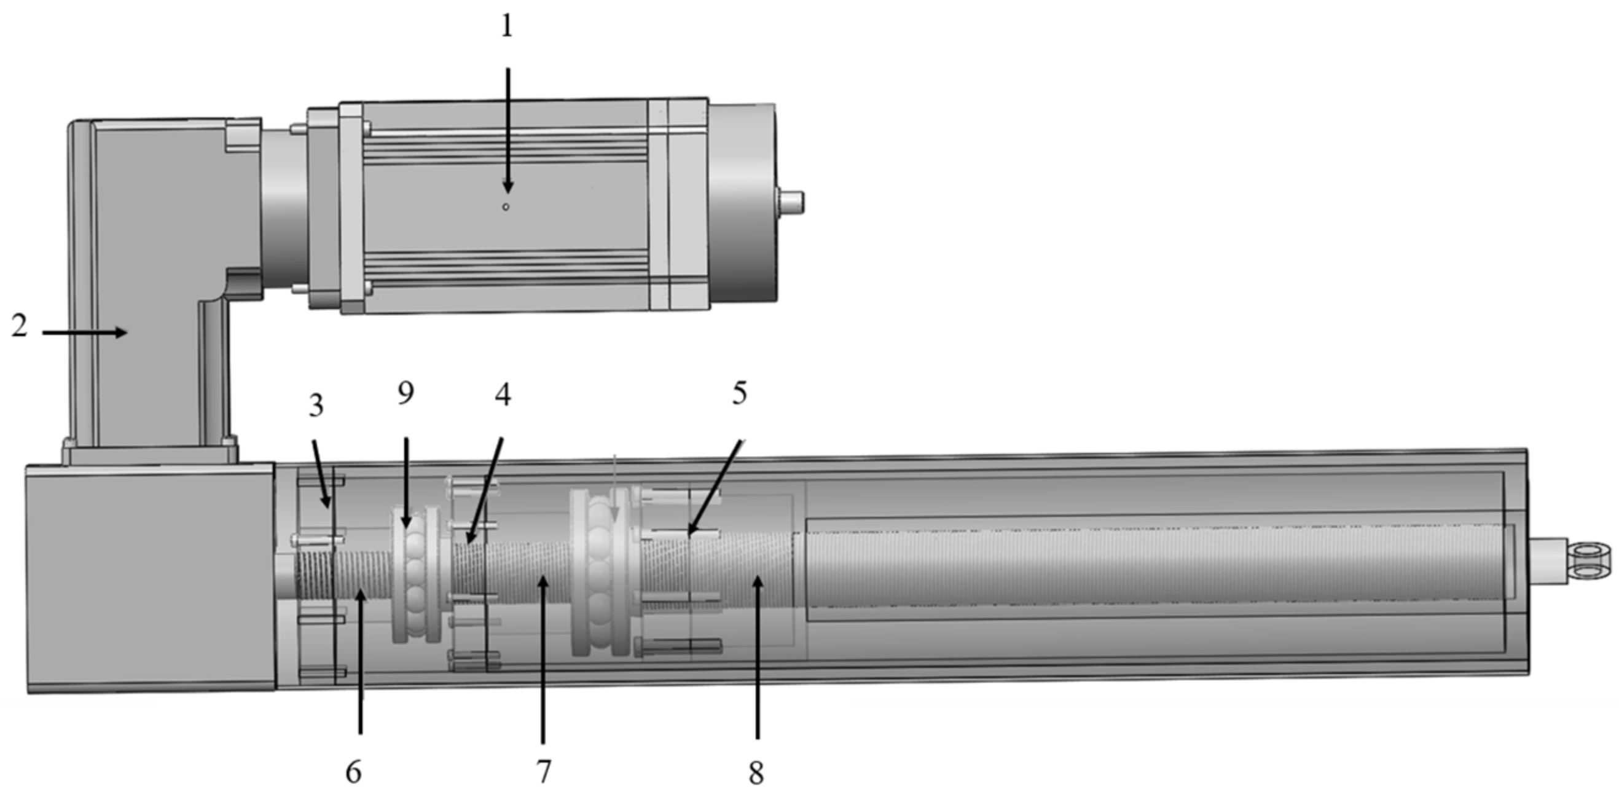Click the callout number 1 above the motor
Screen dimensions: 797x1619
[x=506, y=26]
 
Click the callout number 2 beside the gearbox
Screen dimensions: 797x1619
[x=20, y=326]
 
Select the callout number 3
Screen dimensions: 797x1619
[x=316, y=406]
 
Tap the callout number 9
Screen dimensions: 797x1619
[x=406, y=393]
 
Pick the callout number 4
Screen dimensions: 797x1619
[x=502, y=395]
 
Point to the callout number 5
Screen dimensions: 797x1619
[x=739, y=393]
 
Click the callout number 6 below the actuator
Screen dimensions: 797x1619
[x=353, y=771]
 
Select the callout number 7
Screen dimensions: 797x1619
[x=544, y=771]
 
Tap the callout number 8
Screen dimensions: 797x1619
[x=756, y=772]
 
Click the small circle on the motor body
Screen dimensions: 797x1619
[x=505, y=207]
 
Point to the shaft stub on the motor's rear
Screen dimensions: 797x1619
[x=791, y=202]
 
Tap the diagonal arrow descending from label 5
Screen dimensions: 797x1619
[x=715, y=488]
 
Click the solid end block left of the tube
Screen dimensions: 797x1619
[x=151, y=578]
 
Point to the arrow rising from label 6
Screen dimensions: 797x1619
[x=360, y=660]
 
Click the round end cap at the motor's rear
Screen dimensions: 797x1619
[x=743, y=202]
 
